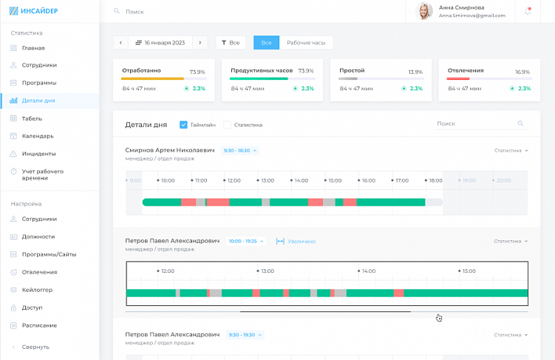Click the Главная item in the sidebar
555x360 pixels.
[33, 48]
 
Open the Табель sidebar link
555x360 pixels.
[32, 118]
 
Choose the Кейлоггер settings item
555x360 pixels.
[37, 290]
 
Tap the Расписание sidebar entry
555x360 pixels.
[39, 325]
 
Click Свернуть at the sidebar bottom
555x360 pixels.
[35, 347]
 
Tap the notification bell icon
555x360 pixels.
[528, 11]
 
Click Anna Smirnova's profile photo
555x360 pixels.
[425, 11]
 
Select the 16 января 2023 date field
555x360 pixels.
[160, 43]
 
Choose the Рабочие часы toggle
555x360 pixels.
[306, 43]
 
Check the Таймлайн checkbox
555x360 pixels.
[183, 125]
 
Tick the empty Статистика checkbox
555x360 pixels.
[228, 125]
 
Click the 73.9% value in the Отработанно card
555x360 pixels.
[197, 72]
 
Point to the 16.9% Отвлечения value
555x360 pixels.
[522, 72]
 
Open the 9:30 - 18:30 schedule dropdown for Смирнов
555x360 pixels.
[240, 150]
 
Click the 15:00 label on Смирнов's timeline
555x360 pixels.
[334, 180]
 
